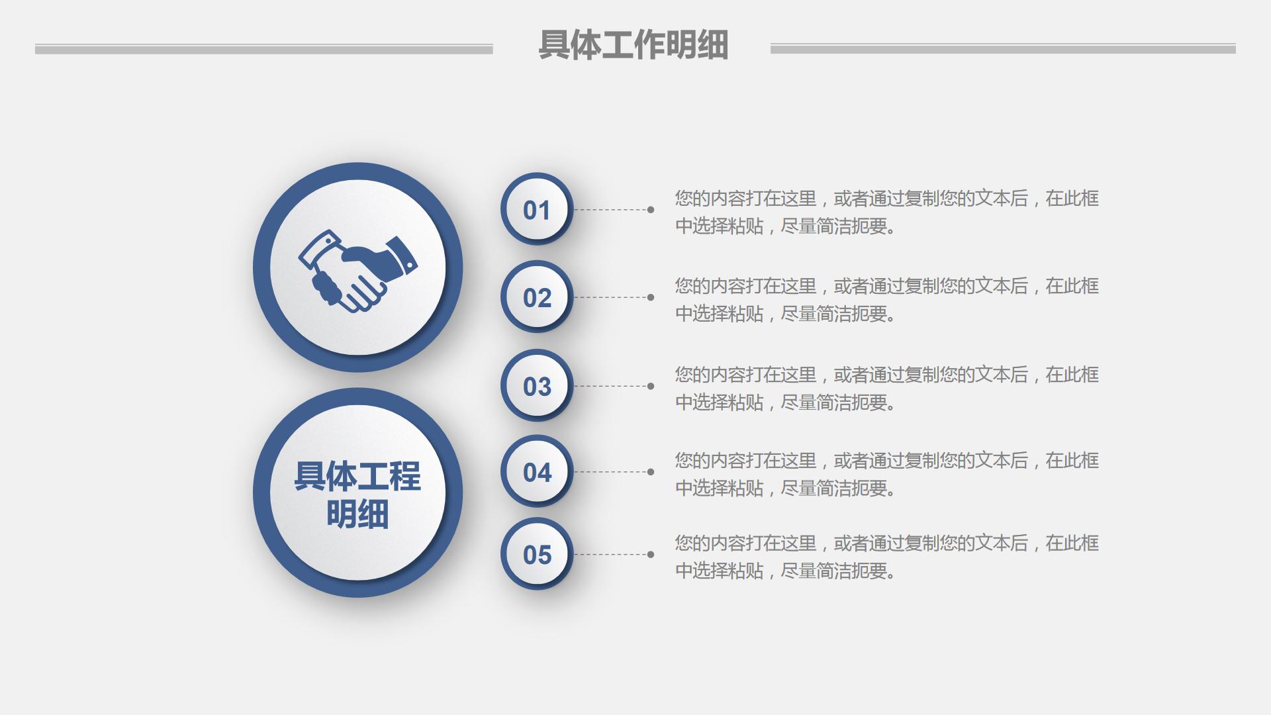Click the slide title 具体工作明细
click(x=633, y=45)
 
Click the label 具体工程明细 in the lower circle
click(x=357, y=495)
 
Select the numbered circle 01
click(x=536, y=210)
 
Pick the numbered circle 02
click(x=536, y=297)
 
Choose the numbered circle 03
click(x=536, y=386)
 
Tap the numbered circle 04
click(x=536, y=472)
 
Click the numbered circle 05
click(x=536, y=554)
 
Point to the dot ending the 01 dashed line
click(x=651, y=210)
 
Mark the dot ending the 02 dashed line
click(x=651, y=297)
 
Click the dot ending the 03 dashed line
click(x=651, y=386)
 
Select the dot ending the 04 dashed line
click(x=651, y=472)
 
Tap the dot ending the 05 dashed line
click(x=651, y=554)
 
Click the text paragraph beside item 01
click(x=886, y=212)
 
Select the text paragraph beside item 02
click(x=886, y=299)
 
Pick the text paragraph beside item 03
click(x=886, y=388)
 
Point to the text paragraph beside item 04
click(x=886, y=474)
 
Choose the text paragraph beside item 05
click(x=886, y=557)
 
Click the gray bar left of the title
click(x=263, y=49)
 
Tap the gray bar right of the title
click(x=1002, y=49)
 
